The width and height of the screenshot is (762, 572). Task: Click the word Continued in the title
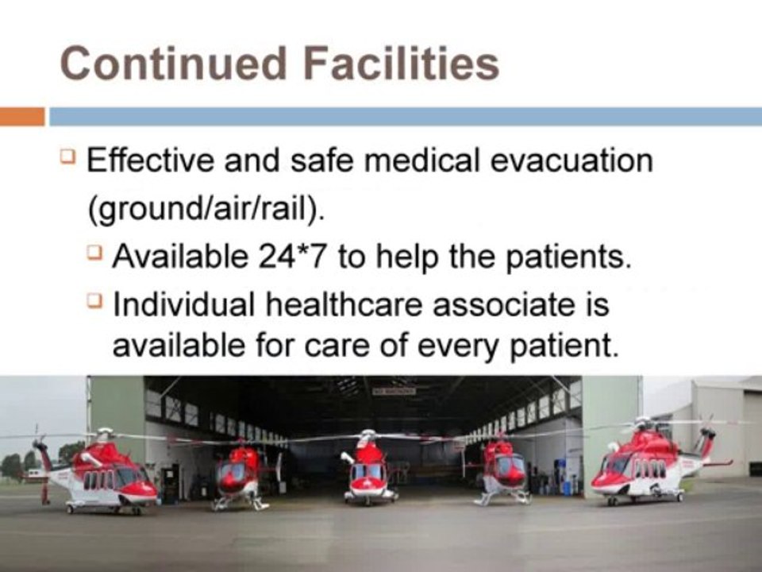(x=173, y=64)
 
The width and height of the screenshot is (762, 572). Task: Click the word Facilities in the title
(x=402, y=64)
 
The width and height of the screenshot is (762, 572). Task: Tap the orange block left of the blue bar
(x=22, y=117)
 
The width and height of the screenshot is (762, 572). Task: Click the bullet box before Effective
(x=67, y=157)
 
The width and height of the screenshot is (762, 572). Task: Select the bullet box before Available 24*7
(x=94, y=253)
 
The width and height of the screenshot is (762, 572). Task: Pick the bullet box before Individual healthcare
(x=94, y=300)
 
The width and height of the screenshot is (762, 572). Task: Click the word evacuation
(x=571, y=160)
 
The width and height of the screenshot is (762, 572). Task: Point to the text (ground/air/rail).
(x=206, y=210)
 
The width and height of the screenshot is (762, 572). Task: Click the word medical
(x=421, y=160)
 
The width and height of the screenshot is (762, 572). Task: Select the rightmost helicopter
(x=656, y=462)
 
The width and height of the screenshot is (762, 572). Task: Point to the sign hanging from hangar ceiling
(x=394, y=391)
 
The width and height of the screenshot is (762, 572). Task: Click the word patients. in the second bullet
(x=568, y=257)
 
